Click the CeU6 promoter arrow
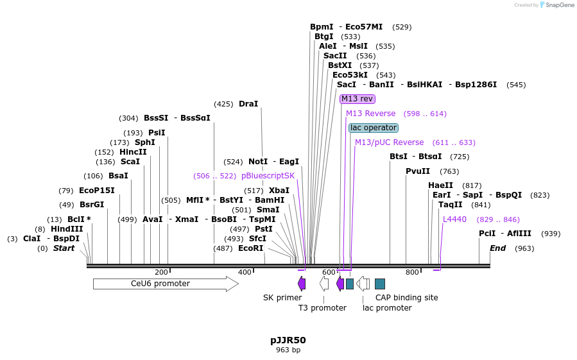(165, 284)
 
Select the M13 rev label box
(357, 99)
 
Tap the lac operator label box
(373, 128)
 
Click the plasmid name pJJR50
(288, 340)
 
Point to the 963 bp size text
(288, 350)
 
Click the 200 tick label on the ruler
(161, 272)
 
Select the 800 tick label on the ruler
(412, 272)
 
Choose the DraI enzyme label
(248, 104)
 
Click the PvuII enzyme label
(418, 171)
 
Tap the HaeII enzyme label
(441, 185)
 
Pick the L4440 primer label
(454, 219)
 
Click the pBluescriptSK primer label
(268, 176)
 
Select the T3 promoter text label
(322, 308)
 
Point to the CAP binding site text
(406, 298)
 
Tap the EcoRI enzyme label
(250, 248)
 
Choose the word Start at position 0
(64, 248)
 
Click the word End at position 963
(497, 248)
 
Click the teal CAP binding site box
(380, 284)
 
